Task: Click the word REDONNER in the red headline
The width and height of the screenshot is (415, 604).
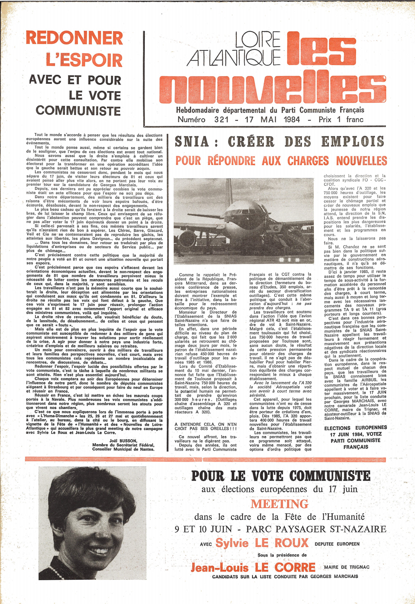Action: click(74, 38)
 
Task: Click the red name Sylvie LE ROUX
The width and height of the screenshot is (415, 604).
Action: click(262, 543)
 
